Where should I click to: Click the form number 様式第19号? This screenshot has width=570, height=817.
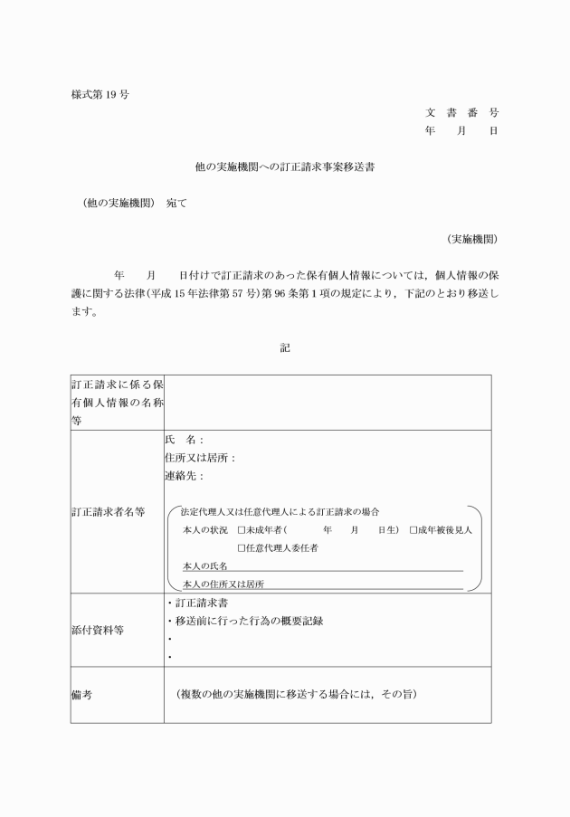(x=99, y=94)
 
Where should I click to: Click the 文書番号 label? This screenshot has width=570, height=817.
(x=461, y=113)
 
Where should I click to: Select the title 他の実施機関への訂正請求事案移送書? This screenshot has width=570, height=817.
(x=285, y=167)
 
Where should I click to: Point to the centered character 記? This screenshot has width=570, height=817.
(x=285, y=347)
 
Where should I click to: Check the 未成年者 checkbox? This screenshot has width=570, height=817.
(x=242, y=530)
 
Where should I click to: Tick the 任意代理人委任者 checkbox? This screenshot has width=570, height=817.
(x=242, y=548)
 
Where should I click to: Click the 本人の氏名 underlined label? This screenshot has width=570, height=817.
(x=205, y=566)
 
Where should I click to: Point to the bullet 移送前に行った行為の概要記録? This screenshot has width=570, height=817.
(x=250, y=621)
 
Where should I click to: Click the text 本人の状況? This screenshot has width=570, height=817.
(x=205, y=530)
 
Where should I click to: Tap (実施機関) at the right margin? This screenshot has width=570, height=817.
(x=471, y=239)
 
